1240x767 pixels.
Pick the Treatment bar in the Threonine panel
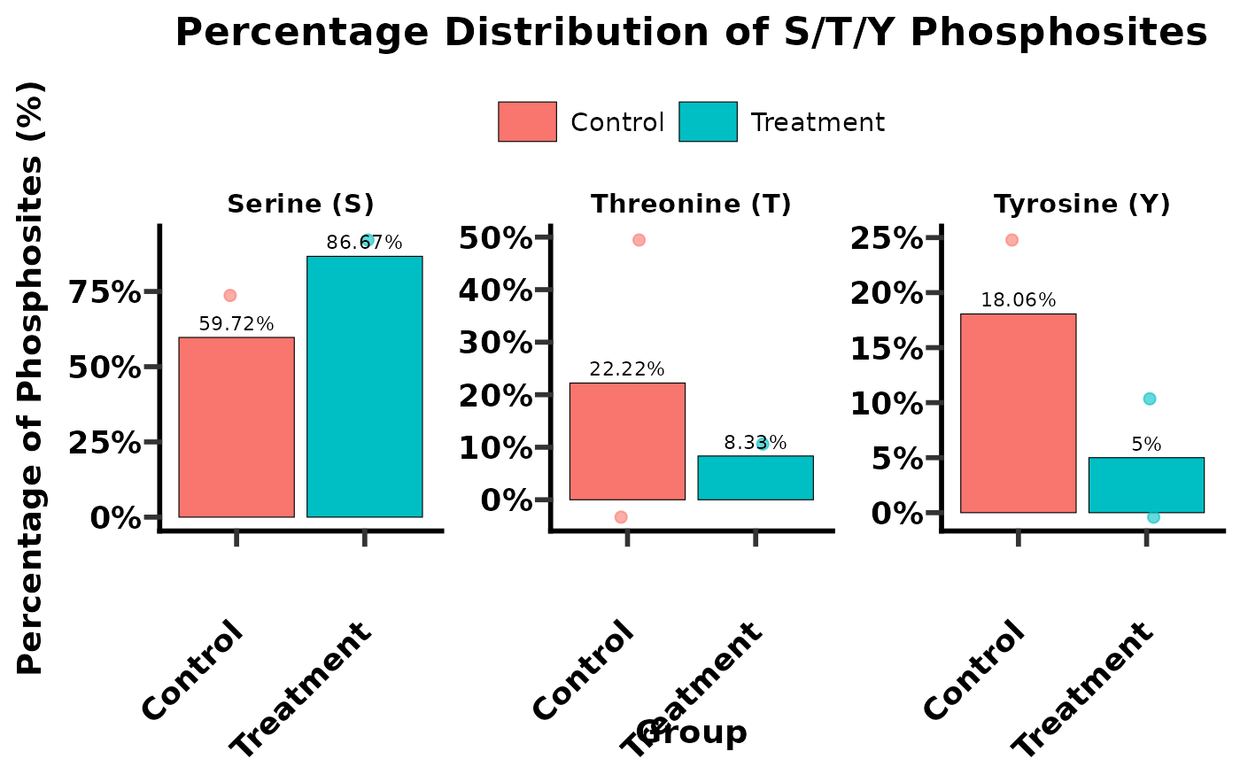tap(755, 477)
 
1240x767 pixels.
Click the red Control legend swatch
tap(527, 121)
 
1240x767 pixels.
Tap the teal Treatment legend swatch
tap(708, 121)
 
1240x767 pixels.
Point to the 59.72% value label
tap(236, 324)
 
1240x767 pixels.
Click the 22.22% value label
tap(627, 369)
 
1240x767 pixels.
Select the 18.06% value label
tap(1018, 300)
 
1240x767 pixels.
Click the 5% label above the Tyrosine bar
tap(1146, 445)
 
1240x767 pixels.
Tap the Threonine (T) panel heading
tap(691, 205)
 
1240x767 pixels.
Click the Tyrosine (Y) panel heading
tap(1081, 205)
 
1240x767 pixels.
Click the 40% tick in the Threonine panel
tap(495, 290)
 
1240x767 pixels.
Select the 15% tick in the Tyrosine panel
tap(887, 349)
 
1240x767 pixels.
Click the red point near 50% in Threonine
tap(639, 240)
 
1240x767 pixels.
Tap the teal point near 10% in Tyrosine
tap(1149, 399)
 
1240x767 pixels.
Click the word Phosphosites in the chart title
tap(1058, 34)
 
